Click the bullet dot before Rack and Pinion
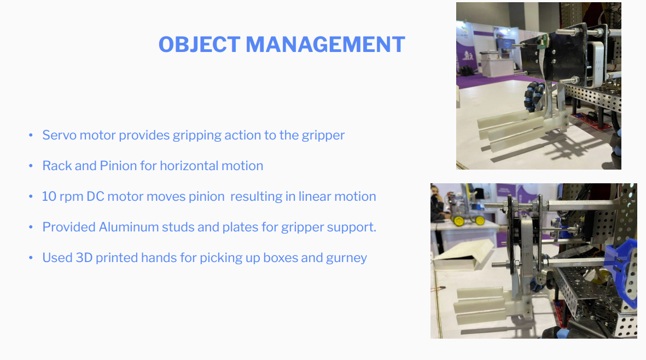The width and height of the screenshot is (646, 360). pyautogui.click(x=31, y=166)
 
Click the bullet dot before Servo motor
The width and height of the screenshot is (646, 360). pyautogui.click(x=31, y=136)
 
